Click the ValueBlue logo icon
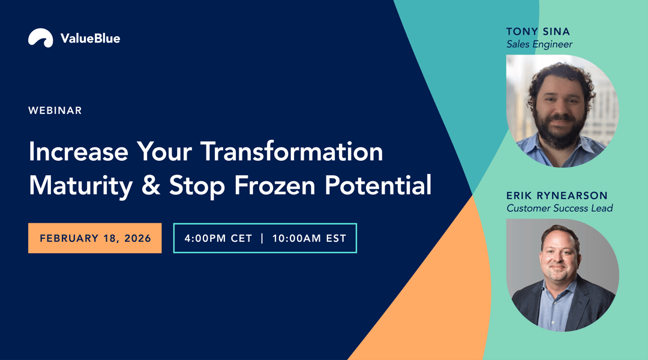tap(40, 38)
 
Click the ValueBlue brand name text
tap(90, 38)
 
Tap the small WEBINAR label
tap(55, 110)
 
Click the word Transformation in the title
tap(292, 152)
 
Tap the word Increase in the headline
tap(78, 152)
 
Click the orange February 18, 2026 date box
tap(95, 238)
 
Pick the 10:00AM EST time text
tap(309, 238)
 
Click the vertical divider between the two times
tap(262, 238)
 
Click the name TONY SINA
tap(538, 31)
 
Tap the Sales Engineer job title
tap(539, 44)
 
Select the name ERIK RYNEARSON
tap(557, 196)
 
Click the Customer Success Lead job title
tap(559, 209)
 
